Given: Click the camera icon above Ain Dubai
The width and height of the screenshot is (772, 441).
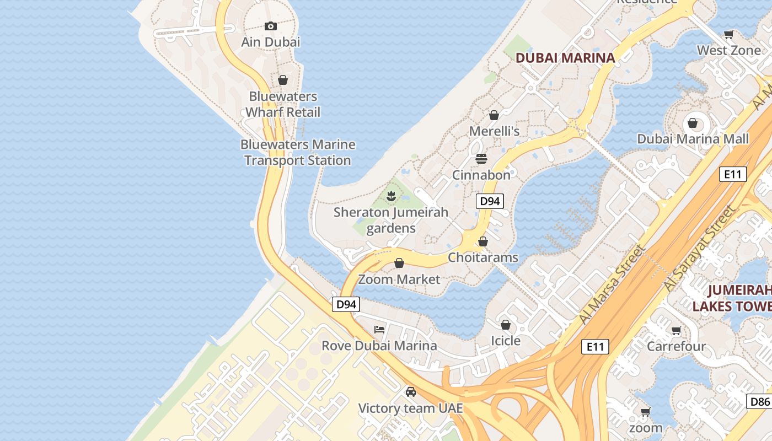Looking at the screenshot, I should coord(270,26).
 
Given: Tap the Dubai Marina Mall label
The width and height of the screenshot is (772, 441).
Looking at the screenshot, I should coord(693,139).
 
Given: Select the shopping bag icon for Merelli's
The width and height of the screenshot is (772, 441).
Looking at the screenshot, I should coord(494,115).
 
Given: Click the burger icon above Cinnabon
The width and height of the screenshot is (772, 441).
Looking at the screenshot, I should coord(481,159).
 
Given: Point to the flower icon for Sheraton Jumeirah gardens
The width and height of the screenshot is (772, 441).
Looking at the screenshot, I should coord(391,195).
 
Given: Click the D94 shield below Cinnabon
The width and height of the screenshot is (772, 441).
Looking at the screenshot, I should coord(490,201).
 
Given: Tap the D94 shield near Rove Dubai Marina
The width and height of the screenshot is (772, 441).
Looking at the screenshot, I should coord(346,304).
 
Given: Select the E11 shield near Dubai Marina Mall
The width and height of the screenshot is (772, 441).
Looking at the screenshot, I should coord(733,175).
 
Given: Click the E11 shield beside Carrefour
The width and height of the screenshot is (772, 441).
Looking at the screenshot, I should coord(595,347).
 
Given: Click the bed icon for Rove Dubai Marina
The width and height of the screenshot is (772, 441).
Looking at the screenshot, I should coord(379,330).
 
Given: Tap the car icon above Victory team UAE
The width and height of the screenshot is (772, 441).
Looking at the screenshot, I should coord(410,392).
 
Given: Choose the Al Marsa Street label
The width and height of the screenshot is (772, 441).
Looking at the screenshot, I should coord(612,285).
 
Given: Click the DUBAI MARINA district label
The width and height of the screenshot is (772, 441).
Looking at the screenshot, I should coord(565,58).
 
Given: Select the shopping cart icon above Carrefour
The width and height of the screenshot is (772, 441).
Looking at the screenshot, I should coord(676,330).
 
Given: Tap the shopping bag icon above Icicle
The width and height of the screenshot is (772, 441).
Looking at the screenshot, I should coord(505,325).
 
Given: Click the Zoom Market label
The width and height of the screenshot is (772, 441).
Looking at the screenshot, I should coord(399,279).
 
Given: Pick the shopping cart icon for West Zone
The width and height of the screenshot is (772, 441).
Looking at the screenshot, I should coord(728,34).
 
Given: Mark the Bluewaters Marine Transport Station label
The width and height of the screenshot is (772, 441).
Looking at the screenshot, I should coord(298,153).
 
